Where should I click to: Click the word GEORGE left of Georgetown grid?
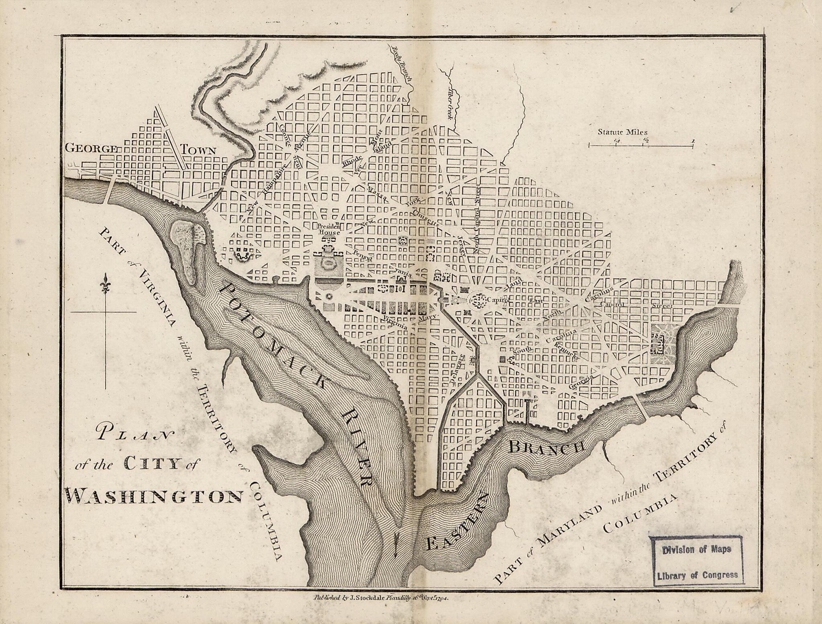91,149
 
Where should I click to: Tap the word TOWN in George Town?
198,151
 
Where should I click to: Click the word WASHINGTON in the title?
154,496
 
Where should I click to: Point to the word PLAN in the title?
134,434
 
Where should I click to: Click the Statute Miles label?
623,132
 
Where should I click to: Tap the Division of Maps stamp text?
696,550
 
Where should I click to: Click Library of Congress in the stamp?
697,575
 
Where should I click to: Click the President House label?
329,229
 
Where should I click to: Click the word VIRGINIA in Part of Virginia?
156,295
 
